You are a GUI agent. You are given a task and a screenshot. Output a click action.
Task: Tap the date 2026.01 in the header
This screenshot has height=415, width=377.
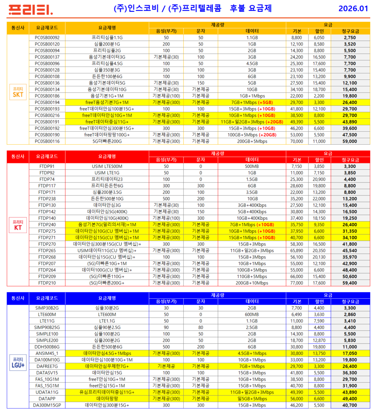coord(353,9)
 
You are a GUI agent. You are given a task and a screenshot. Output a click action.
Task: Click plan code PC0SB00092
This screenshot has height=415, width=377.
coord(47,38)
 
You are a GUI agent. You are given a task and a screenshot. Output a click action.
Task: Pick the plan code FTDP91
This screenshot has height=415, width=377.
coord(47,166)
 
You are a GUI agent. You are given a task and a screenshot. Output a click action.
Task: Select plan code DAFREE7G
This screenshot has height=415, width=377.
coord(47,366)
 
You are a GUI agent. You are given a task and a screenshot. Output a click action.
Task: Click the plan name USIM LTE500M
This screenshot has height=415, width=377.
coord(107,166)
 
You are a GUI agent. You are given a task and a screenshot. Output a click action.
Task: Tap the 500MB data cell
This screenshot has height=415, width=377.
coord(252,166)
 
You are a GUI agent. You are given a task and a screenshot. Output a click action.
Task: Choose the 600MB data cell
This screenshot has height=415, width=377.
coord(252,314)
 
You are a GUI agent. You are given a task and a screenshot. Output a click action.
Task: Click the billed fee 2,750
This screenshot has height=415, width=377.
coord(349,38)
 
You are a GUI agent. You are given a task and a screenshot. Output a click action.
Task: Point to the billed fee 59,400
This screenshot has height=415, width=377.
coord(349,283)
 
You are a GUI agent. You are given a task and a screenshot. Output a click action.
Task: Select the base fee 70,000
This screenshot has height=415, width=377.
coord(297,141)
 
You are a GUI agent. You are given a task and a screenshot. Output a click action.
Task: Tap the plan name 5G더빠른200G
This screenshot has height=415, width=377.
coord(107,141)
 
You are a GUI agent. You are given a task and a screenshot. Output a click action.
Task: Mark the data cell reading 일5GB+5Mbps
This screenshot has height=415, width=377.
coord(252,399)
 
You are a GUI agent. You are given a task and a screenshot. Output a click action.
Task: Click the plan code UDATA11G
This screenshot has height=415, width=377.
coord(47,392)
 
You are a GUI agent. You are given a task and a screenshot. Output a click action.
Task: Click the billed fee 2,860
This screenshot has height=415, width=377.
coord(349,314)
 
